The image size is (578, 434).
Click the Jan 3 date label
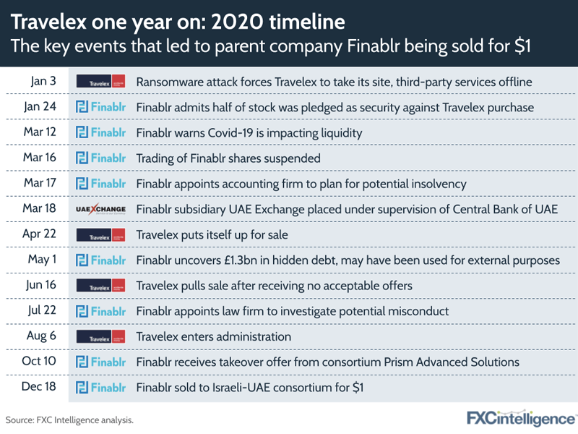tap(43, 81)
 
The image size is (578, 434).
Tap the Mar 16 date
tap(40, 157)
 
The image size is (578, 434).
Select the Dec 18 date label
tap(39, 386)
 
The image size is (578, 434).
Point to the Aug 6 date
tap(41, 336)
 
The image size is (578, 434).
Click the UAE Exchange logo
tap(100, 209)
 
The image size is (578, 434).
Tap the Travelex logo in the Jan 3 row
tap(100, 81)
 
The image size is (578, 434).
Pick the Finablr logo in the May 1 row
tap(100, 260)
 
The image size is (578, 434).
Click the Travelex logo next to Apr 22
tap(100, 234)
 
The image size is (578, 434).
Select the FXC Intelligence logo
tap(521, 419)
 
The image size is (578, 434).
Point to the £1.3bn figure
tap(241, 260)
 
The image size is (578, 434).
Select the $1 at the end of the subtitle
tap(522, 46)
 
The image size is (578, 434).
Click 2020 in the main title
tap(237, 22)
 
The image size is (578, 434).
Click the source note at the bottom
tap(69, 420)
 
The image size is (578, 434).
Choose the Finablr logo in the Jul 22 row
tap(100, 311)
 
